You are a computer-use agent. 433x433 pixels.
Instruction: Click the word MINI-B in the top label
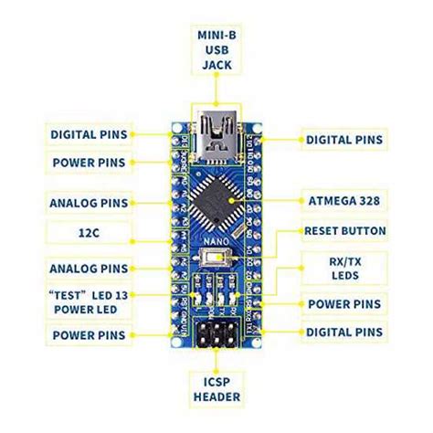[x=216, y=35]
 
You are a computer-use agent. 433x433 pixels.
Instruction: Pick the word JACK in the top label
[x=216, y=66]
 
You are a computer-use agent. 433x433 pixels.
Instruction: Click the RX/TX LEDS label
[x=344, y=268]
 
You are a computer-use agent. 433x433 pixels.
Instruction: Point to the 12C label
[x=89, y=233]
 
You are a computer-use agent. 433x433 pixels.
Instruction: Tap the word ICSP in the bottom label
[x=216, y=380]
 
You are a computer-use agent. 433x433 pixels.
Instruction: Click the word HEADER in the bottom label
[x=216, y=396]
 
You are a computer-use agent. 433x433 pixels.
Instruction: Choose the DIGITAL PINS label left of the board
[x=89, y=135]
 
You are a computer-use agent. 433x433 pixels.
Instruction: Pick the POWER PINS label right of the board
[x=344, y=303]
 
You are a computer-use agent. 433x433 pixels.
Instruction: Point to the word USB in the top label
[x=216, y=50]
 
